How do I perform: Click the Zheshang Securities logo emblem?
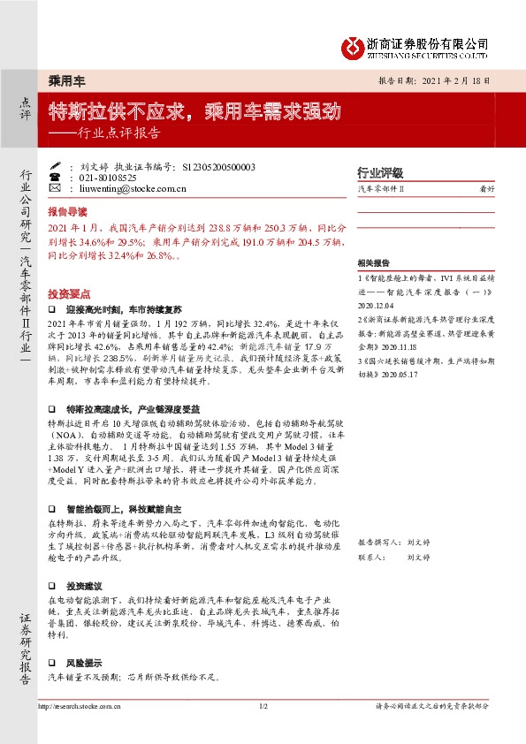[x=354, y=46]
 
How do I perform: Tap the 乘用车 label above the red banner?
[x=65, y=80]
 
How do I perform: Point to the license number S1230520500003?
[x=217, y=166]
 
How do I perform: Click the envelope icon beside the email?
[x=54, y=188]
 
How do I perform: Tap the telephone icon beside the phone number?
[x=54, y=178]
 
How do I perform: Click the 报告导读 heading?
[x=67, y=212]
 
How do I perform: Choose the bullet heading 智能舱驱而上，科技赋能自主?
[x=116, y=509]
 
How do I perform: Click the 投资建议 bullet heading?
[x=84, y=587]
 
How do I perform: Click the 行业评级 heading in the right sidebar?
[x=379, y=173]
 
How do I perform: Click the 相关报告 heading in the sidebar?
[x=373, y=263]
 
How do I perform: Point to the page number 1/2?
[x=263, y=707]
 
